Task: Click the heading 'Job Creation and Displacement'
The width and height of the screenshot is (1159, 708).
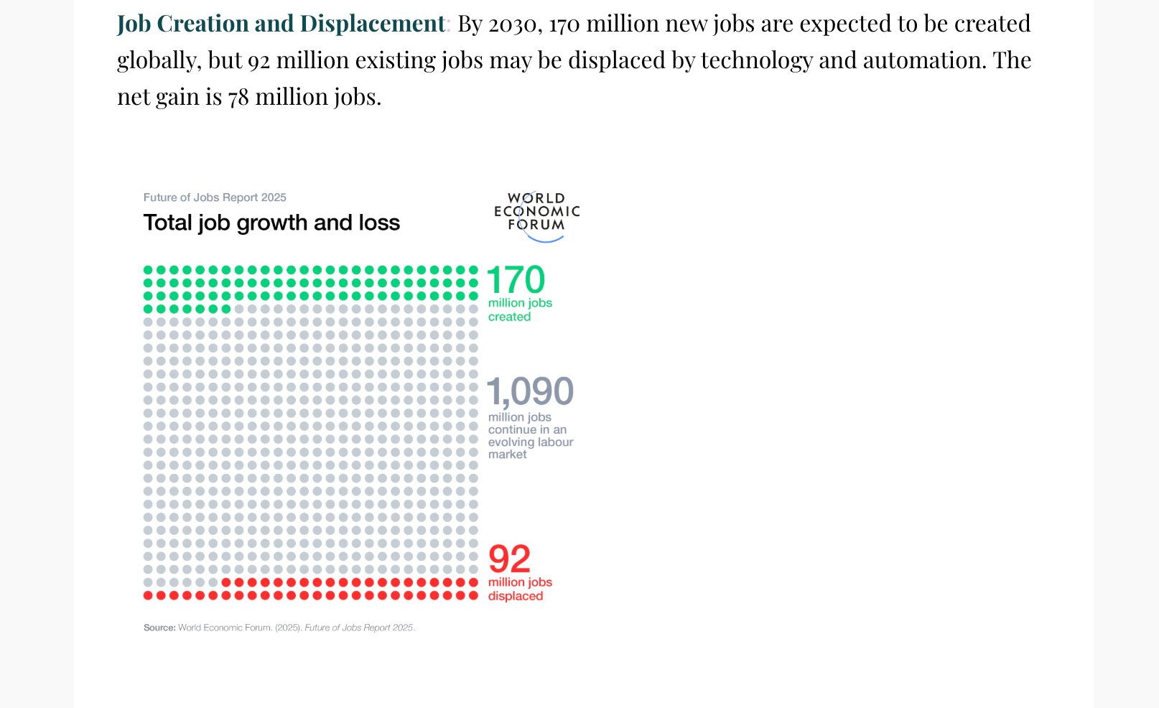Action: tap(281, 24)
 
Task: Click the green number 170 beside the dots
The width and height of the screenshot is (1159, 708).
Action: tap(516, 280)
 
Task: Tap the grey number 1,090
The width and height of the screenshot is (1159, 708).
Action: tap(530, 392)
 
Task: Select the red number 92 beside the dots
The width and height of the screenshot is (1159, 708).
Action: tap(509, 559)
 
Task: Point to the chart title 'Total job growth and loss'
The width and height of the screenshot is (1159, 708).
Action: tap(271, 223)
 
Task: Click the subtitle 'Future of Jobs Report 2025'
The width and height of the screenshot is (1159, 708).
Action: tap(215, 197)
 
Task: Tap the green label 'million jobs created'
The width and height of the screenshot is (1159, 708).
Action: tap(520, 309)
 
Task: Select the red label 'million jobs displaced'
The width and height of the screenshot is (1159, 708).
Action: tap(520, 589)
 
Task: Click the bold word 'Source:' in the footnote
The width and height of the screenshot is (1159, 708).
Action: tap(159, 628)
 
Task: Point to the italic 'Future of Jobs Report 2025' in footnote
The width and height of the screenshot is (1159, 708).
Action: tap(359, 628)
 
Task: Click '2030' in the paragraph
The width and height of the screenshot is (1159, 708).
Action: tap(513, 24)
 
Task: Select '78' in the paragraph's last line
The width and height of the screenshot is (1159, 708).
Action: tap(238, 97)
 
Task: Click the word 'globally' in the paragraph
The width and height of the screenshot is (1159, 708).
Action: tap(158, 60)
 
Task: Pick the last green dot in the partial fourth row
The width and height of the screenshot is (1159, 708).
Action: tap(226, 309)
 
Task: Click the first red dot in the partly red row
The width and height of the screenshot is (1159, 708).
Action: tap(226, 582)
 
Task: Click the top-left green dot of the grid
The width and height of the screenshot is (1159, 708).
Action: tap(148, 270)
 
